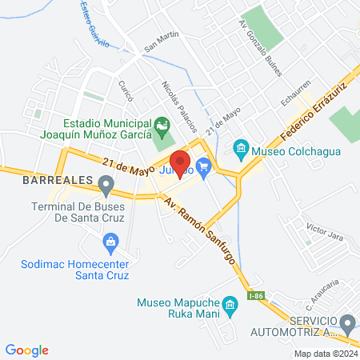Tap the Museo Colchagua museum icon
(239, 150)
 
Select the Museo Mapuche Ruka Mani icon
(229, 304)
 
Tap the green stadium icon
(162, 126)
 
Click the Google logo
(27, 350)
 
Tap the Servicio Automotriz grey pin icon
(347, 324)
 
